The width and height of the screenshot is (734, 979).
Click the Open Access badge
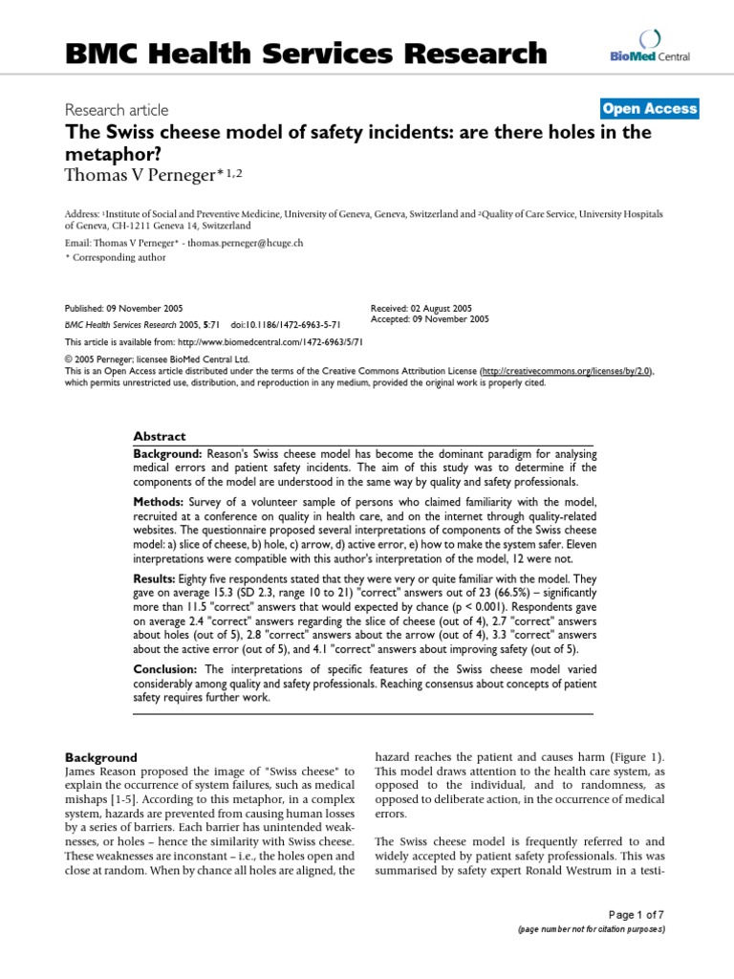[649, 109]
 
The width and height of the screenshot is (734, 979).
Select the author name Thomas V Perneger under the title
[153, 173]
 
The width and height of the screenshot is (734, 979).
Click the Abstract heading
[160, 435]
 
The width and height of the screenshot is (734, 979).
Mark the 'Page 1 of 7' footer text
[636, 914]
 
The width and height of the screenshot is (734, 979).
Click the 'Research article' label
[116, 110]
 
